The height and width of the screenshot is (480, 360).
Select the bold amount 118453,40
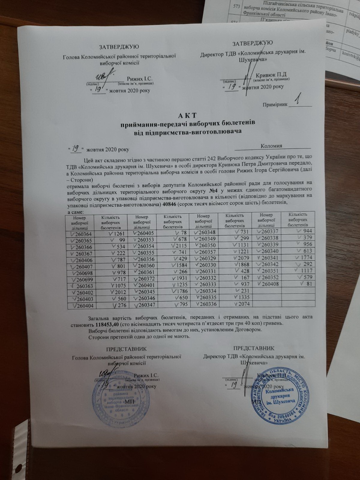(x=107, y=325)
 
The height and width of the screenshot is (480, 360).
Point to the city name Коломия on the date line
(x=271, y=146)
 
